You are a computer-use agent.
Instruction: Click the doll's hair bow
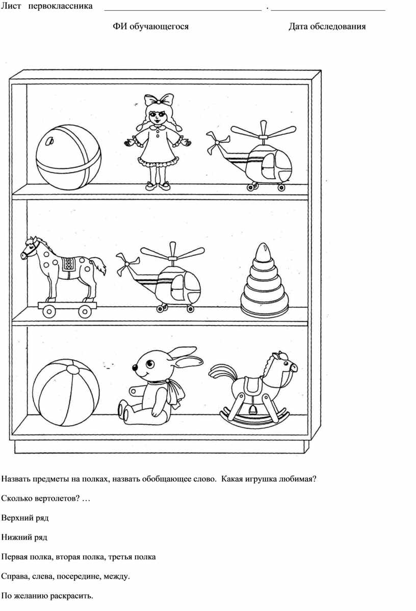point(159,100)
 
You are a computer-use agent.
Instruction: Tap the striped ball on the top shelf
point(69,157)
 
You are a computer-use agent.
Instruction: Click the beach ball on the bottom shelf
point(66,393)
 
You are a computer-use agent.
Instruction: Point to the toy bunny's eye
point(150,365)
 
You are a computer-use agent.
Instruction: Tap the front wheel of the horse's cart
point(49,310)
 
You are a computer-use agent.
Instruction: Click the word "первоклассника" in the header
point(61,6)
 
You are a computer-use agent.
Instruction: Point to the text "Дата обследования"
point(327,27)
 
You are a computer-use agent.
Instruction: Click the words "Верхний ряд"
point(25,518)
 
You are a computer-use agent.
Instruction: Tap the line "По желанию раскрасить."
point(47,596)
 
